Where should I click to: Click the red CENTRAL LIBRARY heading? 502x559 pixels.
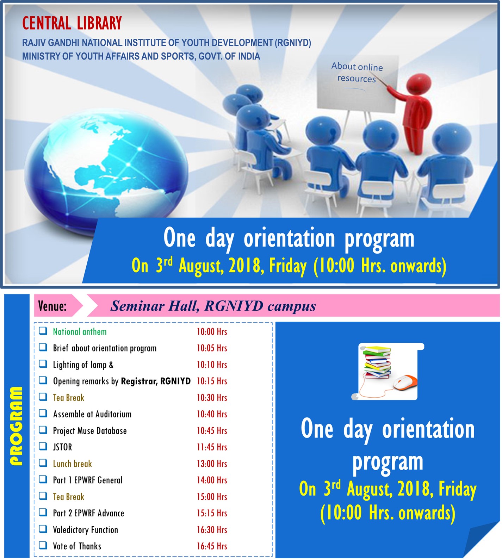(x=72, y=24)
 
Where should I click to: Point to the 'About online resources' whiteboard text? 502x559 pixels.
(x=357, y=72)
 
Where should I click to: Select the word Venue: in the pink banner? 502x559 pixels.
(x=52, y=306)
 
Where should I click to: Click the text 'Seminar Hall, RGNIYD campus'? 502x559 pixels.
(x=213, y=306)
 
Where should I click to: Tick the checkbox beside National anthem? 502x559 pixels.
(x=43, y=331)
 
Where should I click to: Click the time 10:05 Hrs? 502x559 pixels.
(x=212, y=348)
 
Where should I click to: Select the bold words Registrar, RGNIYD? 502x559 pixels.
(x=156, y=381)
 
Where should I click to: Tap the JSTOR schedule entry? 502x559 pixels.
(x=62, y=447)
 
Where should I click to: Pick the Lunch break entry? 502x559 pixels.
(x=72, y=464)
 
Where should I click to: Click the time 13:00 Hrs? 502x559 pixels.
(x=212, y=464)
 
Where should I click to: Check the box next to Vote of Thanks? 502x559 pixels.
(x=43, y=545)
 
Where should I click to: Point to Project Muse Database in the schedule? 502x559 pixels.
(x=90, y=431)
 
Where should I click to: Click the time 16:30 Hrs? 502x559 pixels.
(x=212, y=529)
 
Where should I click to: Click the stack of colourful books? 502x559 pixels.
(x=377, y=362)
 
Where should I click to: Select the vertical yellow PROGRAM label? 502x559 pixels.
(x=16, y=426)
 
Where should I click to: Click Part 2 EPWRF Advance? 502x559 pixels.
(x=88, y=513)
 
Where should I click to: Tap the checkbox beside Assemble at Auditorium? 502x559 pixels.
(x=43, y=413)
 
